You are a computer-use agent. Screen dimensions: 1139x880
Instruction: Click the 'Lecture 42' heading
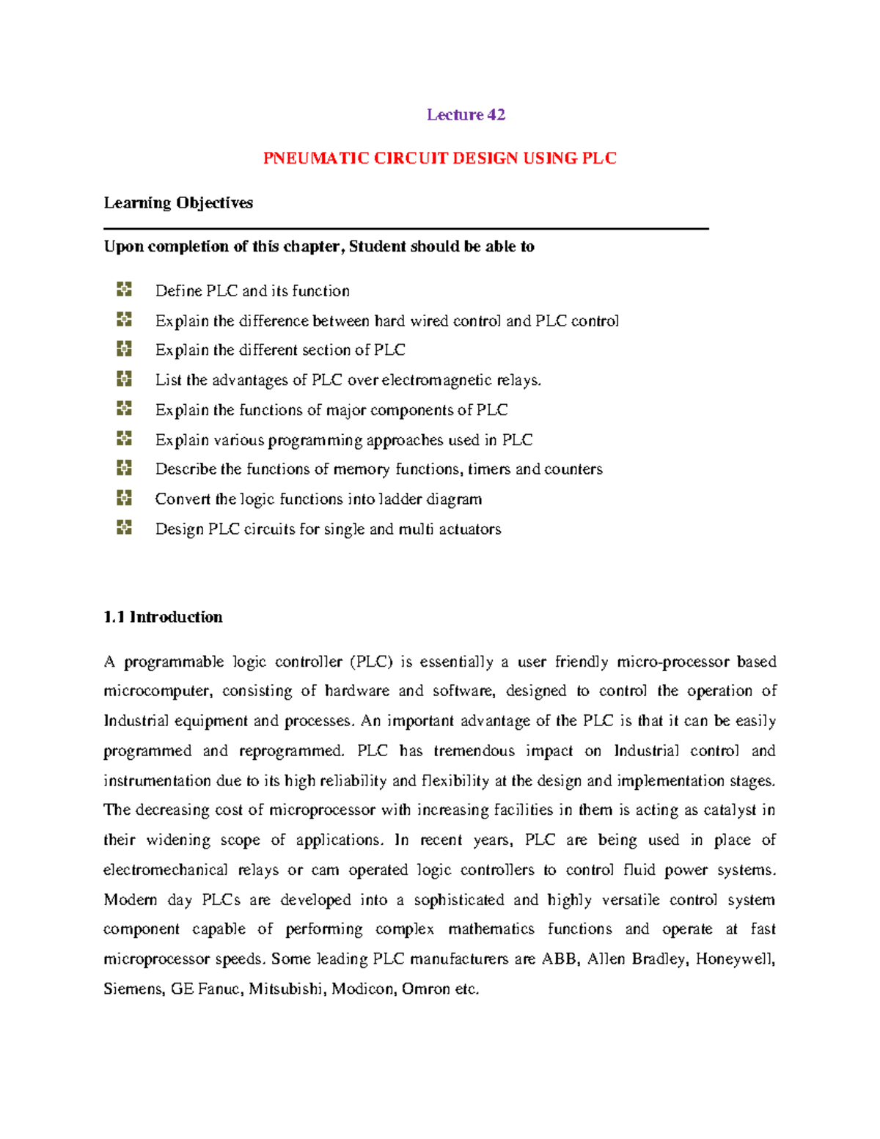click(466, 114)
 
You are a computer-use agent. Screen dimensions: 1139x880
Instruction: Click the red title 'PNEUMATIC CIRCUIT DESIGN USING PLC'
click(439, 158)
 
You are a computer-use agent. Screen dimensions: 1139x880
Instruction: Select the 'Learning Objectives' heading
click(178, 203)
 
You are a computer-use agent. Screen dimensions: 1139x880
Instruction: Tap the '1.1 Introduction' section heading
click(163, 617)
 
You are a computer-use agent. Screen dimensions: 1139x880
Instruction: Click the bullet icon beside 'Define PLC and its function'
click(124, 290)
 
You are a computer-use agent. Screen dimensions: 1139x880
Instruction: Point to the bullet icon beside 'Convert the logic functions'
click(124, 498)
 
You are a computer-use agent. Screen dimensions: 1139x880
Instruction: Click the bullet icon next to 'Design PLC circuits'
click(124, 527)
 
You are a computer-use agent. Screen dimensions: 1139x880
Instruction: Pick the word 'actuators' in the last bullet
click(469, 530)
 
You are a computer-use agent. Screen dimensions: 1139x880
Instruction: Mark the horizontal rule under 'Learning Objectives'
click(406, 229)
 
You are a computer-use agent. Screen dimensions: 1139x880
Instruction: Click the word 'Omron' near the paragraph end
click(426, 989)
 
